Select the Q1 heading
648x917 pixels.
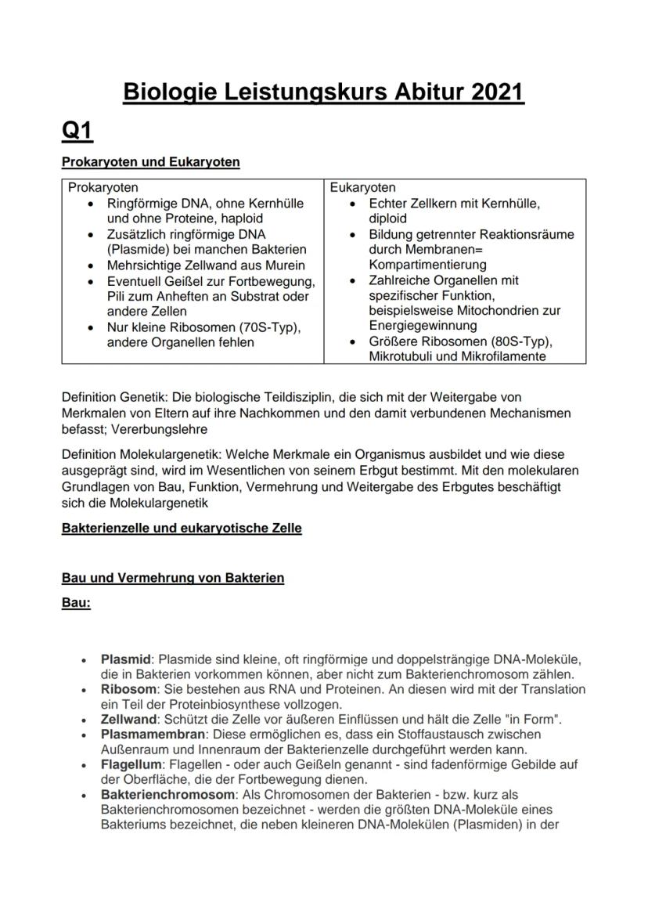coord(77,131)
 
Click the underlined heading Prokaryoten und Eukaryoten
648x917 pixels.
coord(150,163)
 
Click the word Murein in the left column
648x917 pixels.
coord(283,265)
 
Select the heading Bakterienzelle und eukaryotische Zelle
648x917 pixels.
coord(182,529)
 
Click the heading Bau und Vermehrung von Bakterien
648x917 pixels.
coord(173,578)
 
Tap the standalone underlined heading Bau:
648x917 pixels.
coord(76,605)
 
